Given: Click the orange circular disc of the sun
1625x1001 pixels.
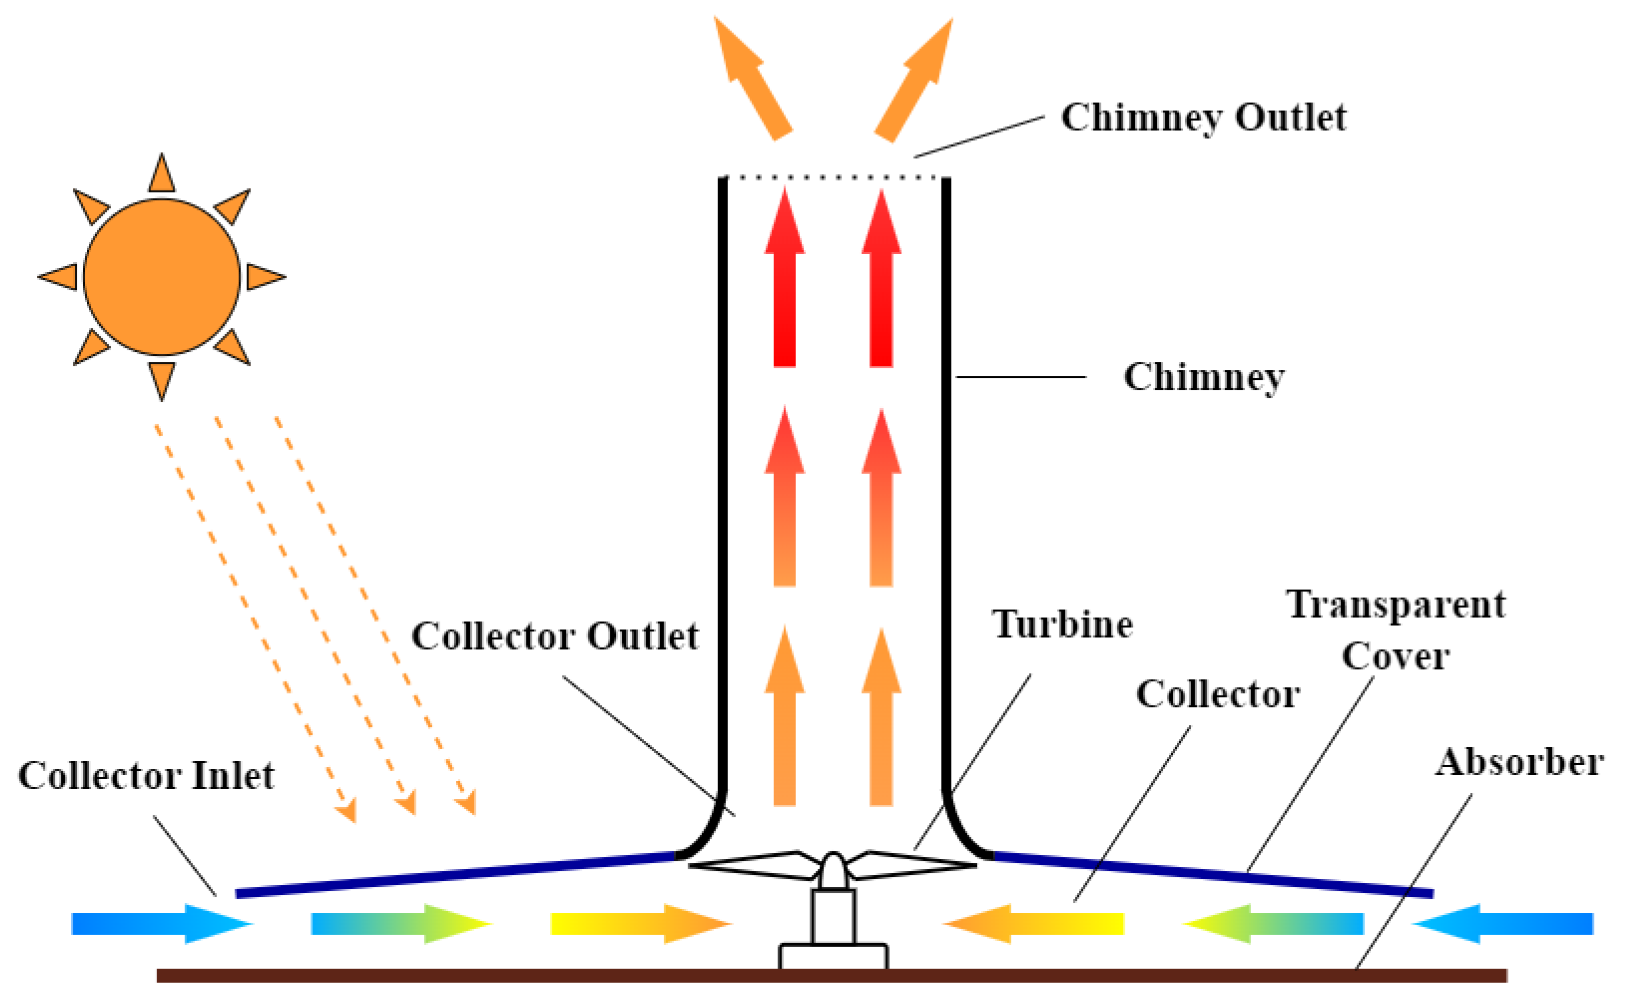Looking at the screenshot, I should (162, 277).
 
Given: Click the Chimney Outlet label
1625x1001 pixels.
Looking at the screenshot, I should (1203, 118).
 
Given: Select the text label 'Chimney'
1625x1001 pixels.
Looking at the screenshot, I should (1204, 377).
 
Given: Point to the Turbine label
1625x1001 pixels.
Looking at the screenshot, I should (1062, 624).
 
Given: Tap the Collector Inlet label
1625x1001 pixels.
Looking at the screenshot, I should (146, 776).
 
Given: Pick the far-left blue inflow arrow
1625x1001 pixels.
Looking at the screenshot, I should (159, 924).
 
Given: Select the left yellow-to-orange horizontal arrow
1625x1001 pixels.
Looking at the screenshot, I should (639, 924).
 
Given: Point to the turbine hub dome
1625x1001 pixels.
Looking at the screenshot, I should (833, 870).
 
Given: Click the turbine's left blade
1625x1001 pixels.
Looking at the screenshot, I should (755, 865).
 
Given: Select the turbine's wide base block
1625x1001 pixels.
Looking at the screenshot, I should (833, 957).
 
